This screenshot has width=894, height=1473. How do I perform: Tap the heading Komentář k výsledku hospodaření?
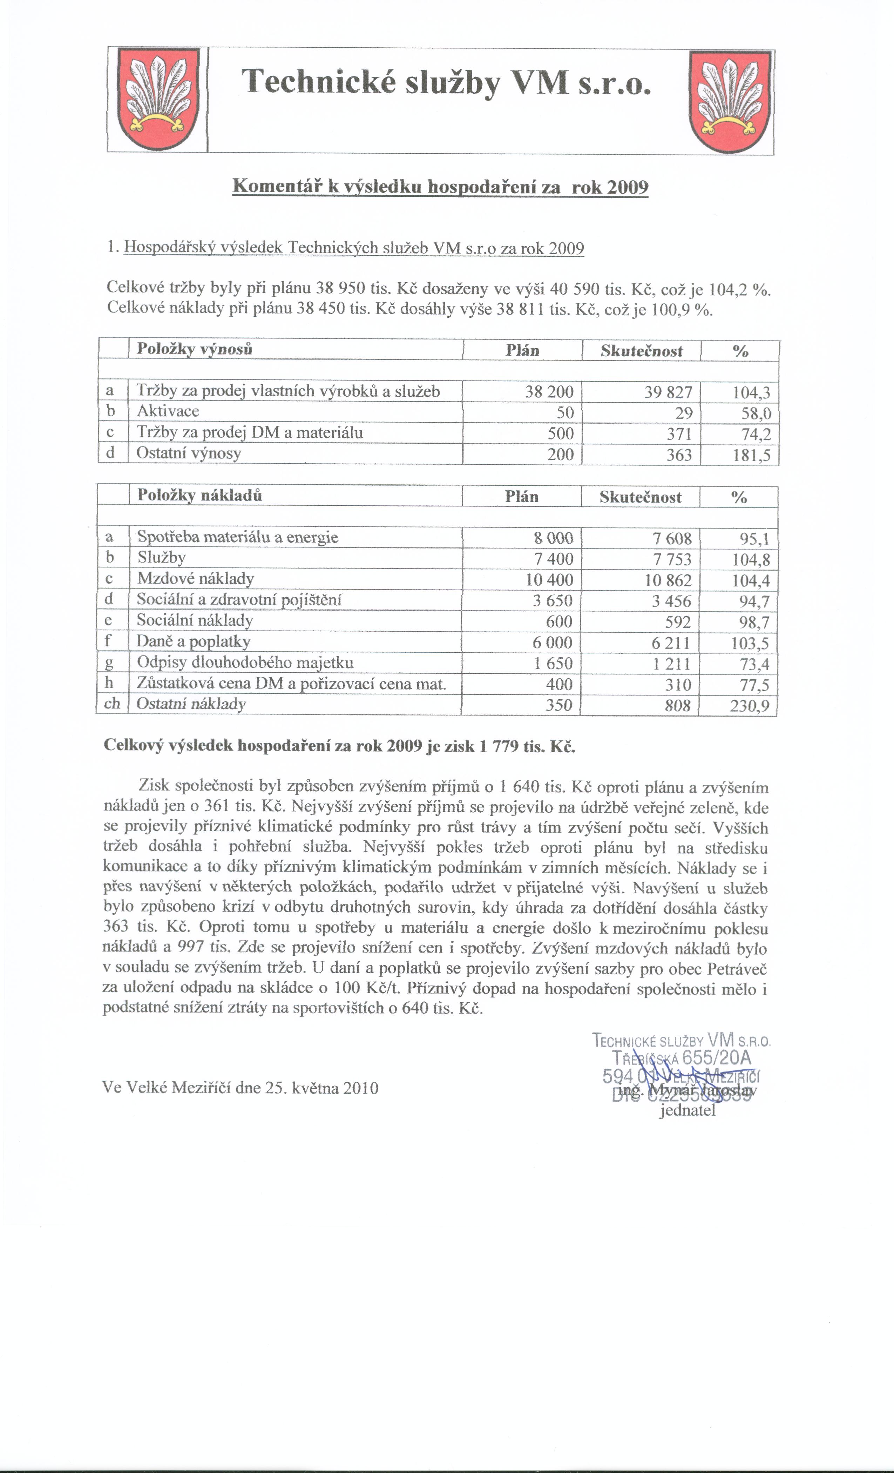point(440,187)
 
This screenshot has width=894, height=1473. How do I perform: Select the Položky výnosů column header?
point(195,349)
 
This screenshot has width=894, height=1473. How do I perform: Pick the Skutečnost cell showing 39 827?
point(668,392)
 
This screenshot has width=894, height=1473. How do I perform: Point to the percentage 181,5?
point(752,456)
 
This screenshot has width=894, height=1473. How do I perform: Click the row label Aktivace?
point(168,411)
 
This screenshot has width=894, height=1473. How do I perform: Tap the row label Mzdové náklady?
point(195,579)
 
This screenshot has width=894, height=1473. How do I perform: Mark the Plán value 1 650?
point(552,664)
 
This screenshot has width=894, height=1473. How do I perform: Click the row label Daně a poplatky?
point(194,642)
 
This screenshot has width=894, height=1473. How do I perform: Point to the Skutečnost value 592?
point(678,622)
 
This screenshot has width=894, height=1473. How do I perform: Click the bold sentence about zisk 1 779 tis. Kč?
point(339,746)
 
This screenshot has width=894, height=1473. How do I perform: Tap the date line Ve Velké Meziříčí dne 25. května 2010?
point(240,1088)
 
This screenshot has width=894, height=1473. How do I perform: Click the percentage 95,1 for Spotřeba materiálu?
point(754,539)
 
